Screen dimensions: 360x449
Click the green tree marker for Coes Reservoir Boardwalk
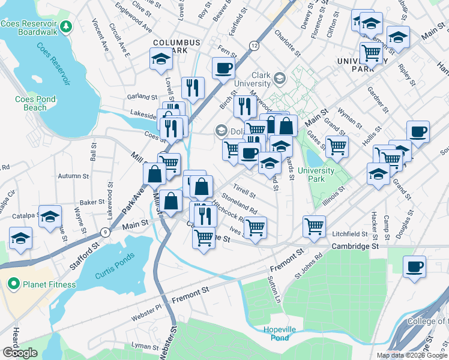pos(66,26)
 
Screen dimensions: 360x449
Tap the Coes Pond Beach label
pos(35,103)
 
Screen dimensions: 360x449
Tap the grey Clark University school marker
pos(280,79)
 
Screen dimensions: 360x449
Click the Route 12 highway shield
pos(255,46)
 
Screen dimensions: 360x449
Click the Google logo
pos(20,353)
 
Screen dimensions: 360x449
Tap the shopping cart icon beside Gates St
pos(337,145)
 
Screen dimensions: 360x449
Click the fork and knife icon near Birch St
pos(244,106)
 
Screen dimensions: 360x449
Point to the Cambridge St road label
pos(357,247)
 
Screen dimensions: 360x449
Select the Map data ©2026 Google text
pos(411,355)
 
